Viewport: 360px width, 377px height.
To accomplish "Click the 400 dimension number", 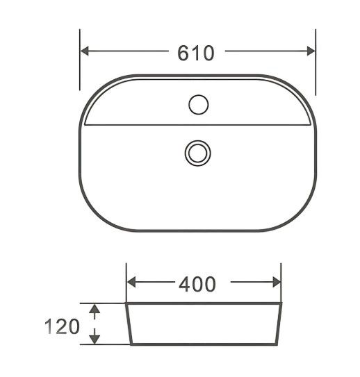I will coord(197,284).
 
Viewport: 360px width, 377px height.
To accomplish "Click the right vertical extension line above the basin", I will coord(316,62).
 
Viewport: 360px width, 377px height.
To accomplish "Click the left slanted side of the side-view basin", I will coord(128,324).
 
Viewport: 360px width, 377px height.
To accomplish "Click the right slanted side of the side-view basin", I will coord(279,324).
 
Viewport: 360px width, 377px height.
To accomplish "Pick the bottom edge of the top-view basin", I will coord(198,231).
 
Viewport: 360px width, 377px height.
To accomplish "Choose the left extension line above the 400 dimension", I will coord(126,281).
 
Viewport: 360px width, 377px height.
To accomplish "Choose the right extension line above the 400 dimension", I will coord(281,281).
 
